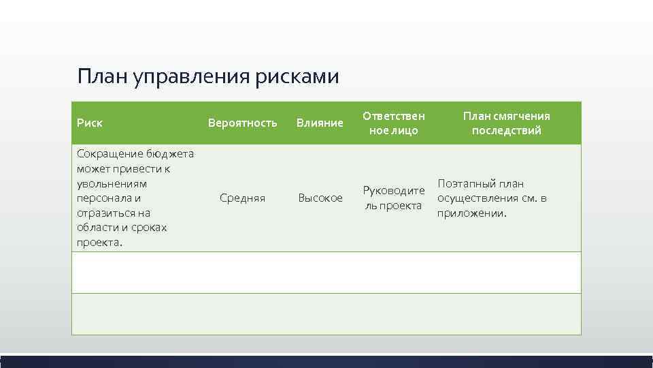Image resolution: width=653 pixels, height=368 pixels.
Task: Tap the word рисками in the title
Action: tap(297, 76)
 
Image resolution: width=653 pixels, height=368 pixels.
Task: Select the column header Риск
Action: tap(90, 123)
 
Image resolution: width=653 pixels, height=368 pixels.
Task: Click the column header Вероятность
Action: tap(242, 123)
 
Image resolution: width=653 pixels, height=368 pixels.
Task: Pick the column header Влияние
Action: tap(320, 123)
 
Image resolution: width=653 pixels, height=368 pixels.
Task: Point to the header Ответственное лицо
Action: tap(393, 123)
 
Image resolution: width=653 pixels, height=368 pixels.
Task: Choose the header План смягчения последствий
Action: tap(507, 123)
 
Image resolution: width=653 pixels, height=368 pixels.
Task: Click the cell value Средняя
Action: tap(242, 198)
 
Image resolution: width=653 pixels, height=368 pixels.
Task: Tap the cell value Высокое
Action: tap(320, 198)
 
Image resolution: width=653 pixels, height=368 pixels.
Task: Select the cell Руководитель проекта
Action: tap(393, 198)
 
